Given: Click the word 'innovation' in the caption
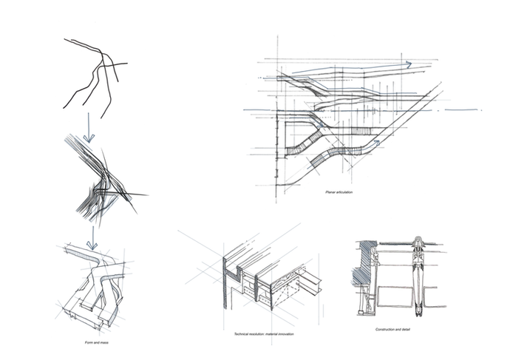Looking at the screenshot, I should [x=295, y=335].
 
